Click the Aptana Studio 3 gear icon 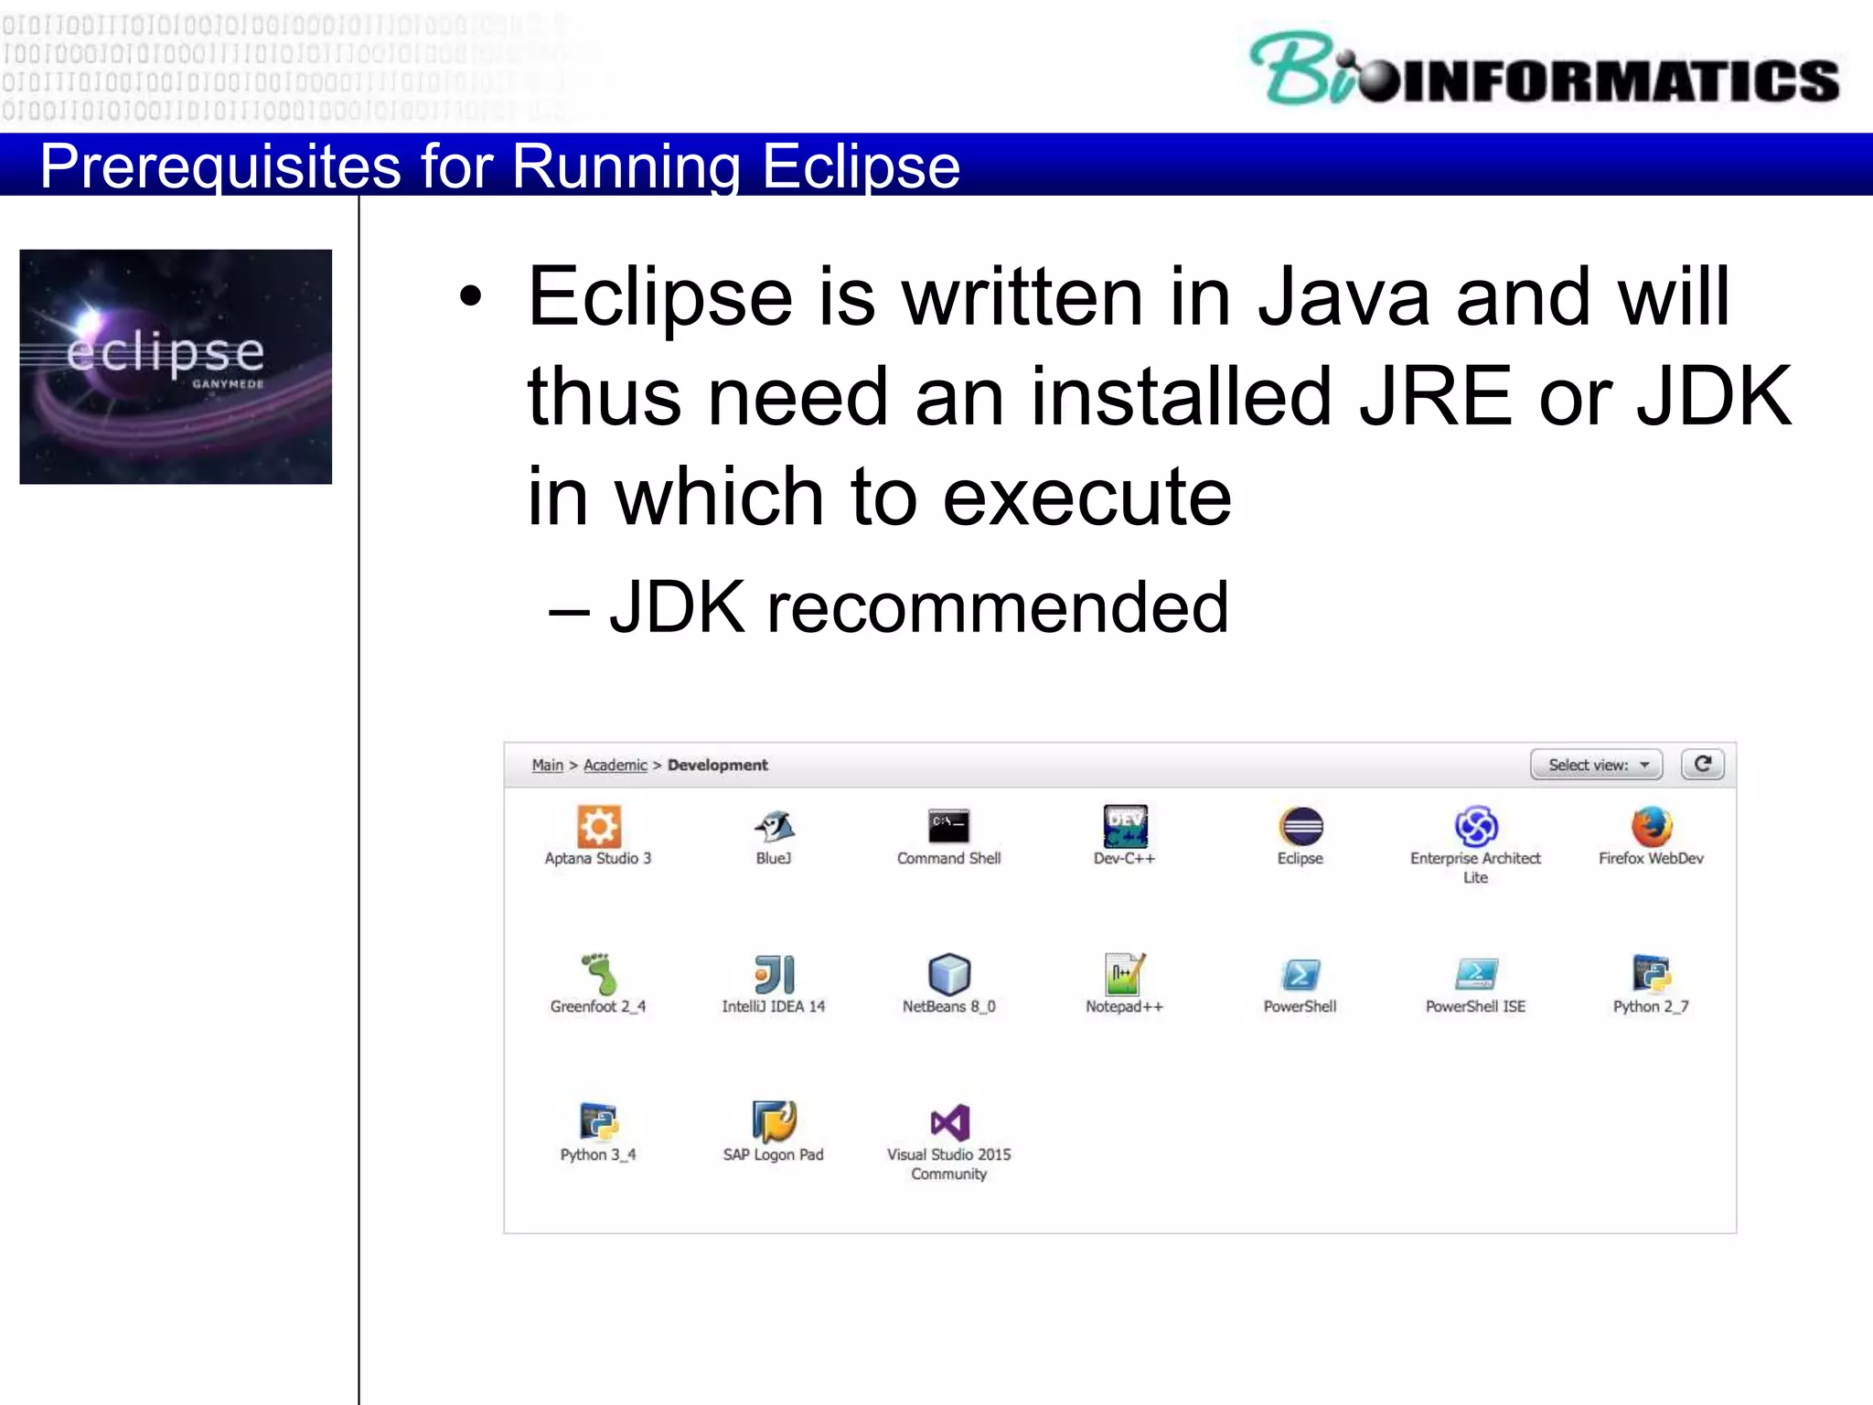tap(598, 826)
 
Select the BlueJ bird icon tap(774, 826)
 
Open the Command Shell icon tap(948, 826)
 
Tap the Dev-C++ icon tap(1125, 826)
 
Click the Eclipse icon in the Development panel tap(1300, 826)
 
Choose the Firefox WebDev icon tap(1652, 826)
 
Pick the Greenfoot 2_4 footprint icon tap(598, 973)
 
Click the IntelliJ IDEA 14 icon tap(774, 974)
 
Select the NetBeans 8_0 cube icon tap(948, 974)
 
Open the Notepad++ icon tap(1124, 974)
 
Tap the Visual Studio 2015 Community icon tap(949, 1122)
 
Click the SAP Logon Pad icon tap(774, 1121)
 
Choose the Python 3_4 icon tap(598, 1121)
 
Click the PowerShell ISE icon tap(1475, 974)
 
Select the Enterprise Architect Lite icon tap(1475, 826)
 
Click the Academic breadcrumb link tap(615, 765)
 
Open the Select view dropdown tap(1597, 765)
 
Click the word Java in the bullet tap(1343, 296)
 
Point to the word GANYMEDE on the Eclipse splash tap(228, 384)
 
